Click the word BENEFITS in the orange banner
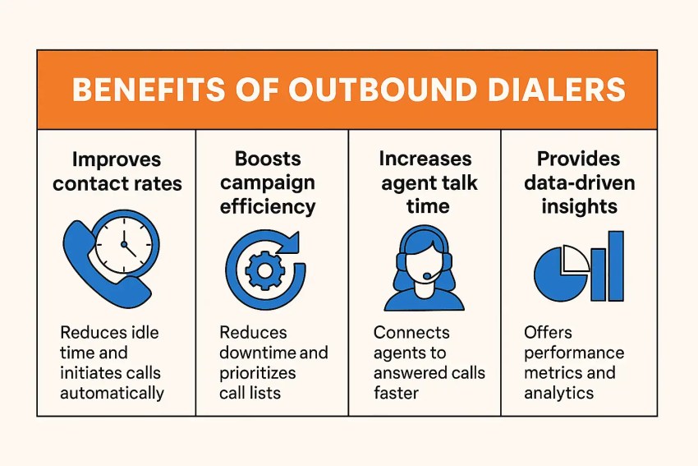(x=149, y=89)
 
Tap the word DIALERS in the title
(x=557, y=89)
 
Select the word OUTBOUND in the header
(x=383, y=89)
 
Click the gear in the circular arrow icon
(x=265, y=270)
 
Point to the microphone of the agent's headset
(x=427, y=276)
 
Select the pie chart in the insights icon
(x=560, y=273)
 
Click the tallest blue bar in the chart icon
(x=616, y=265)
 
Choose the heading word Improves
(x=116, y=160)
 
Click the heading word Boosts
(x=268, y=159)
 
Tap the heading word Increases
(x=425, y=159)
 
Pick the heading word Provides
(x=578, y=159)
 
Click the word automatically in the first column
(x=112, y=394)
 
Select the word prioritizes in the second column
(x=257, y=373)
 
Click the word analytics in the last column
(x=558, y=394)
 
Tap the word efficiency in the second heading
(x=268, y=207)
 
